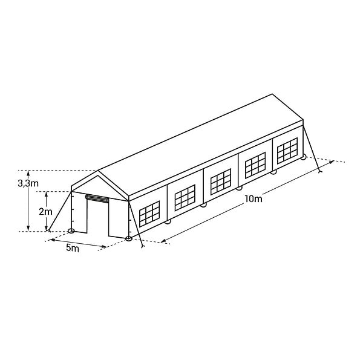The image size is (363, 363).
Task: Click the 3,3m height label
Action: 28,183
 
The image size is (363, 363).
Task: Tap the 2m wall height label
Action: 45,212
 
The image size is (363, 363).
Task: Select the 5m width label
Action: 73,248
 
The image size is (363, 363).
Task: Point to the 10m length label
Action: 253,198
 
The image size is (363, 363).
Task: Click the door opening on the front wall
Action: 97,218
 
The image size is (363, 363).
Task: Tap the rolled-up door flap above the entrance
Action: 97,198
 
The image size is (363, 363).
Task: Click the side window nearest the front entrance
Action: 149,214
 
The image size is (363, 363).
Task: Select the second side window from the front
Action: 185,197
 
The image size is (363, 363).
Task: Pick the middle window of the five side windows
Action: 221,181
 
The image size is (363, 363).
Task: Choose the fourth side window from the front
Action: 255,165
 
